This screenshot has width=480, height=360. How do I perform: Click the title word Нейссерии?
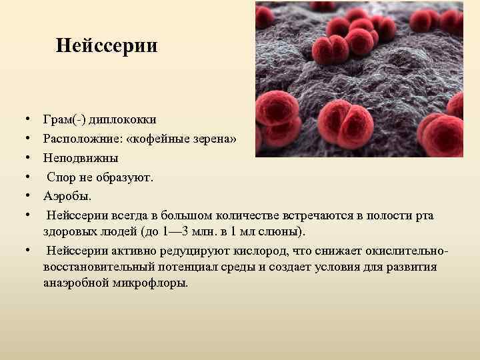pos(107,46)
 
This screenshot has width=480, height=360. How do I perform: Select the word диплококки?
pos(123,119)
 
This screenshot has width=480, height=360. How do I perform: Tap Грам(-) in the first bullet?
pos(64,119)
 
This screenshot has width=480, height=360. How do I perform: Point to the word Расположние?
pos(77,139)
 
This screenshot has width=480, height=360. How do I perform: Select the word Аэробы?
pos(66,196)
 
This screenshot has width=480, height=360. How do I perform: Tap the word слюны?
pos(283,231)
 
